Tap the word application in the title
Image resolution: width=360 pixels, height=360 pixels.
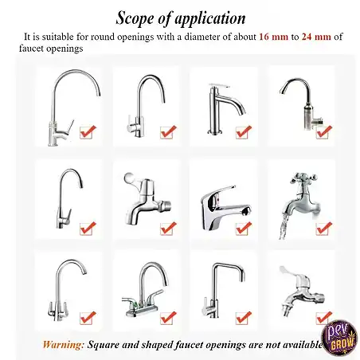click(x=209, y=18)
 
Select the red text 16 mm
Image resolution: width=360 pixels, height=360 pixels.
click(x=273, y=37)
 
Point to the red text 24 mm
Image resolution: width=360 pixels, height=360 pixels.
click(x=316, y=37)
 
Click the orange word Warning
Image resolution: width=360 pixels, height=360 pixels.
click(x=64, y=345)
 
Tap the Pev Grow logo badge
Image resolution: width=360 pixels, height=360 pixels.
click(x=339, y=337)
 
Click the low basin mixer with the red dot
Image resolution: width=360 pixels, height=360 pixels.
click(x=225, y=207)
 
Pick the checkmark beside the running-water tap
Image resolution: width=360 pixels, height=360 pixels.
click(x=323, y=228)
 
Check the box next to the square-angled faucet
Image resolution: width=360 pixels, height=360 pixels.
click(x=243, y=318)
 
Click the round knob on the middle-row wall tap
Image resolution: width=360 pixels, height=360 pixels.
click(x=129, y=177)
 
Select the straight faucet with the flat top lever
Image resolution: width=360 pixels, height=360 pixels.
click(x=225, y=109)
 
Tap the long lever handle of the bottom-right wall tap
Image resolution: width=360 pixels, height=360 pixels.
click(x=288, y=272)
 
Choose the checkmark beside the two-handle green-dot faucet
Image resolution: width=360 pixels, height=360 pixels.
click(x=168, y=318)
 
